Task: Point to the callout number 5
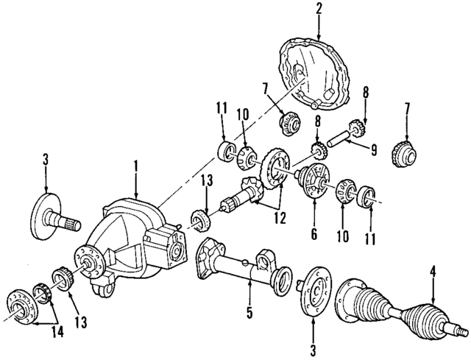coord(249,313)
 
